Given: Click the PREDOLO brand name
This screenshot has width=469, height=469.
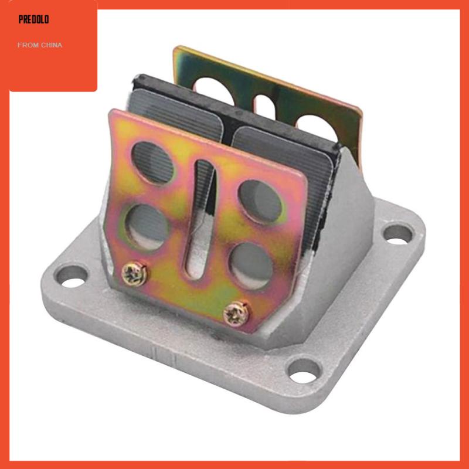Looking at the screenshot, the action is [33, 19].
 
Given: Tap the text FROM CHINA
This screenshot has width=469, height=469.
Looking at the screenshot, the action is [40, 45].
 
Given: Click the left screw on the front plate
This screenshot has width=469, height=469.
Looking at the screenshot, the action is [135, 274].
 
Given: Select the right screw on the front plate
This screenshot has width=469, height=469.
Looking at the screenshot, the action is [236, 314].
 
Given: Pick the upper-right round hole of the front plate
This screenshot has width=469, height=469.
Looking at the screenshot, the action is [260, 202].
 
